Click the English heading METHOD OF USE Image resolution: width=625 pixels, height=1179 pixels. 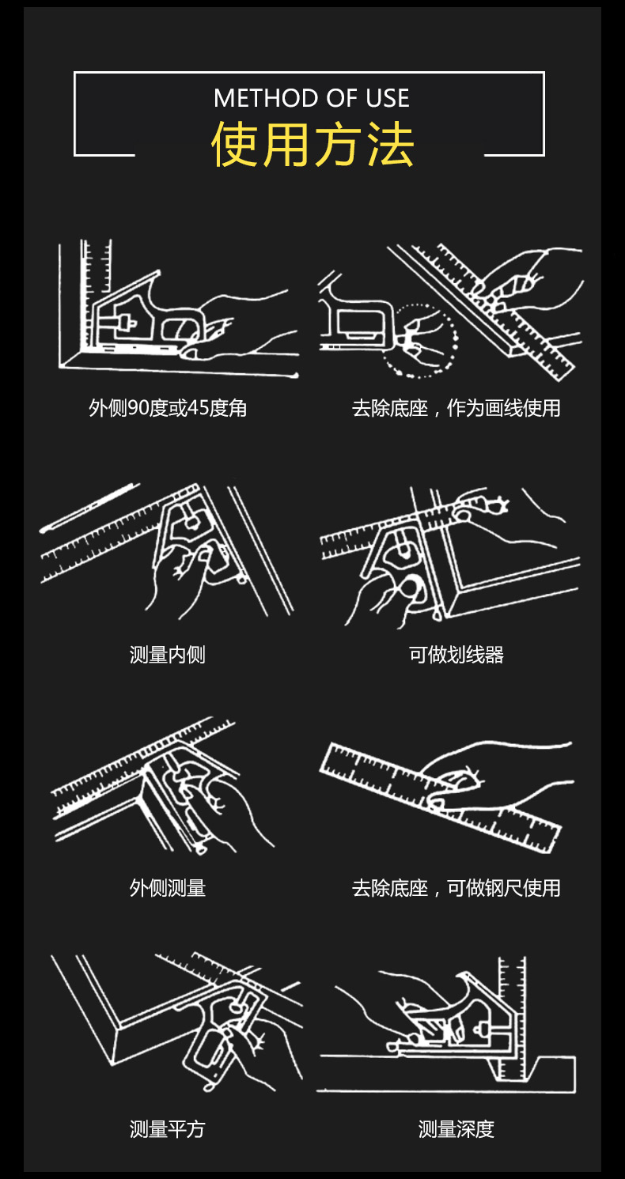pos(312,98)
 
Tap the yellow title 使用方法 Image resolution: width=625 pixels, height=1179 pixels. pos(312,145)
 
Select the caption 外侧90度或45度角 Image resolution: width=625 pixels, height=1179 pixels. pos(168,408)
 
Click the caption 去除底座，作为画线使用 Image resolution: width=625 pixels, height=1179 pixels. pos(456,408)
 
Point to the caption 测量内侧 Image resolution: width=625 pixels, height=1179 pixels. pos(168,655)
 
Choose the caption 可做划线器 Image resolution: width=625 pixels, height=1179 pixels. pos(456,655)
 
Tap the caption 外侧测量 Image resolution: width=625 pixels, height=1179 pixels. pos(168,888)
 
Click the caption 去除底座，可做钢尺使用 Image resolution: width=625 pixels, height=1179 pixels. pos(456,888)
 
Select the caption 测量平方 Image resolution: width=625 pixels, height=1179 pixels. pos(168,1129)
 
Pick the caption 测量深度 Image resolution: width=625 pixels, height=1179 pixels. pos(456,1129)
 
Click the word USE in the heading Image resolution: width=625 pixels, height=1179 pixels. pos(388,98)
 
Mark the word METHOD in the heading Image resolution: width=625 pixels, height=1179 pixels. pos(252,98)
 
